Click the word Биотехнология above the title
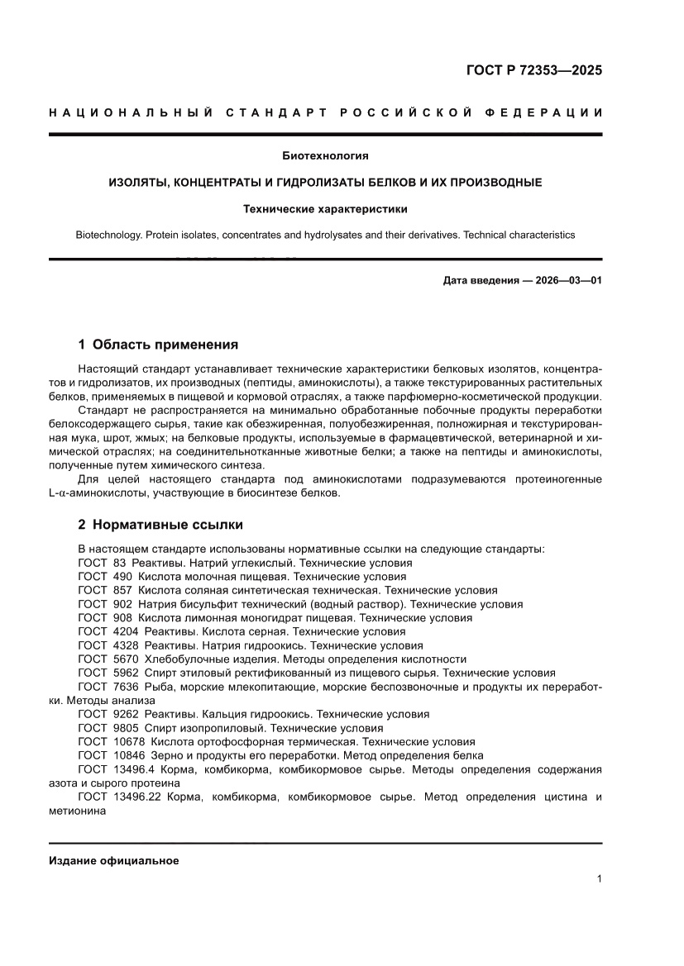point(325,155)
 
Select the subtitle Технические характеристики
point(325,209)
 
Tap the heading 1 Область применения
point(157,344)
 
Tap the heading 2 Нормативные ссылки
point(160,524)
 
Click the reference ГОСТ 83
point(102,562)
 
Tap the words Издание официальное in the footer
point(114,860)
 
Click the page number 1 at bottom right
point(599,879)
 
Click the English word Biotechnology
point(108,235)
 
